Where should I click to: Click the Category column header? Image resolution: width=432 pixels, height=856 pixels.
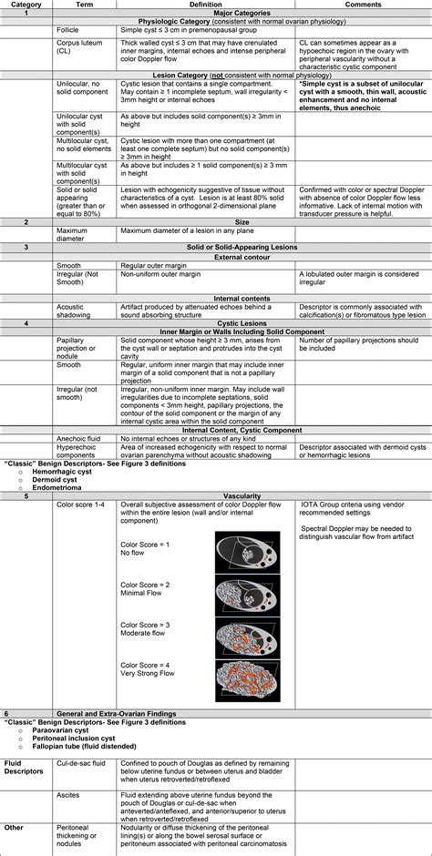(x=26, y=5)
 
